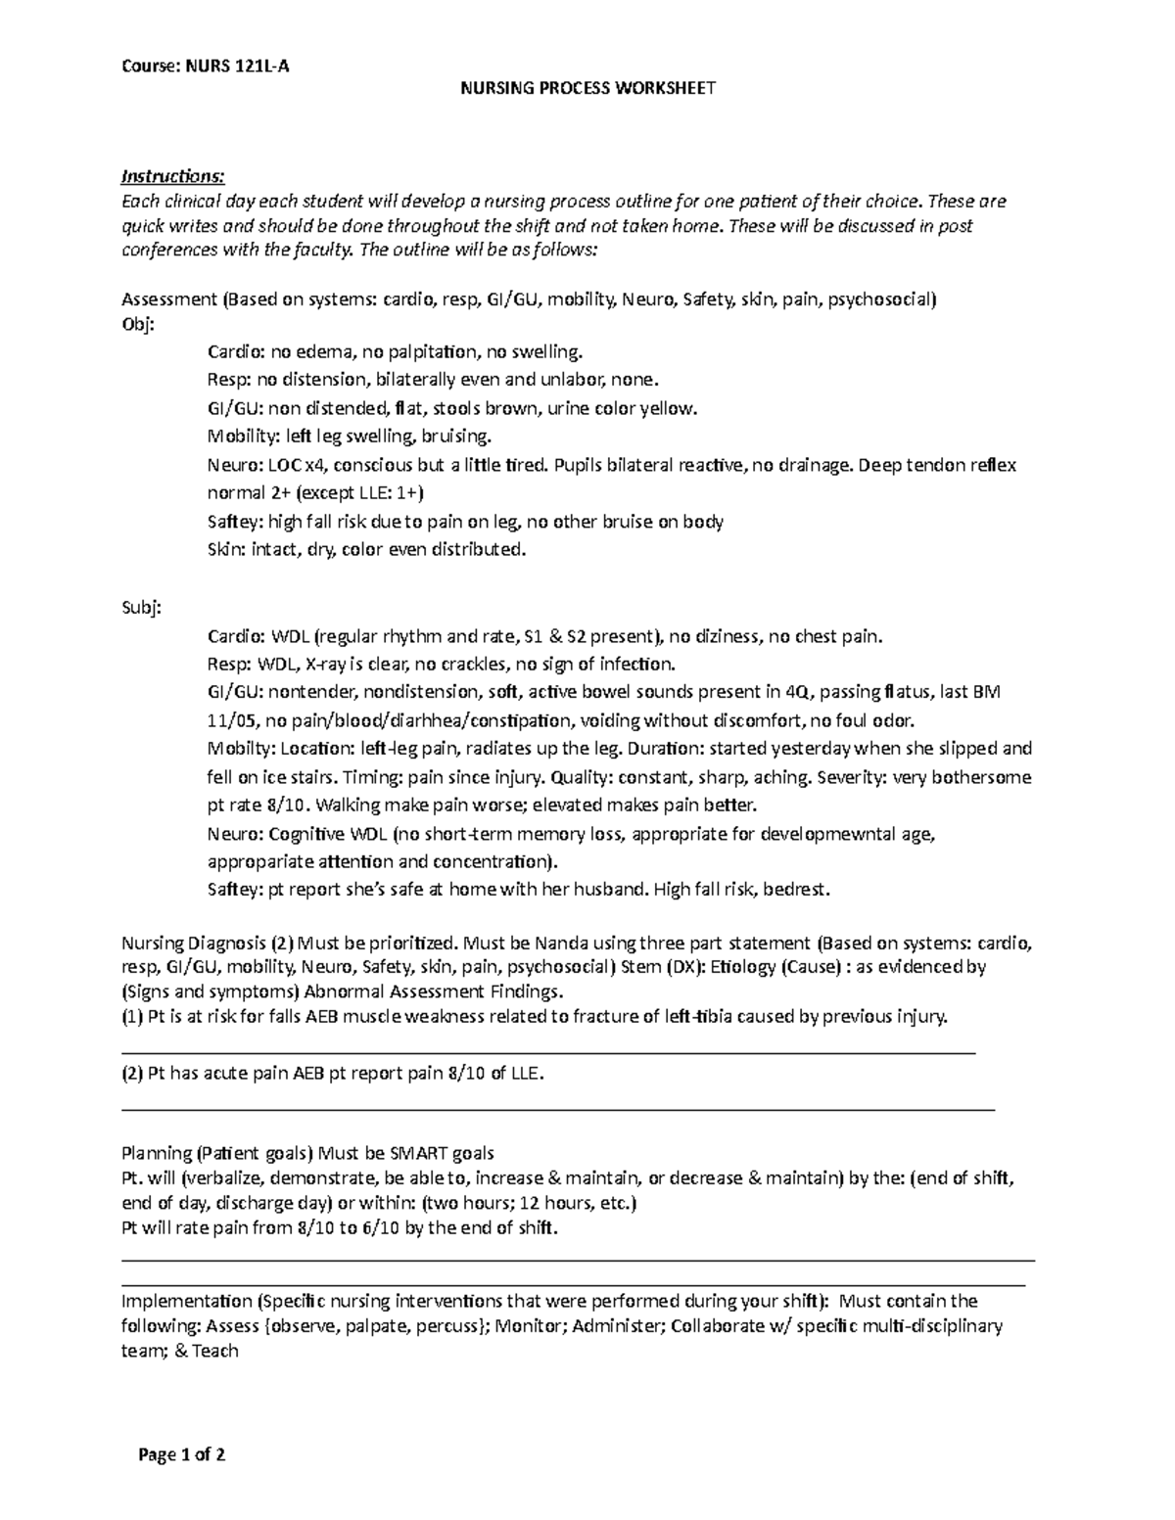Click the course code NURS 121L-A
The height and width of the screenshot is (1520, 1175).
pyautogui.click(x=236, y=67)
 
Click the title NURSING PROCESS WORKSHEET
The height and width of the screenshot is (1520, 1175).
pyautogui.click(x=588, y=88)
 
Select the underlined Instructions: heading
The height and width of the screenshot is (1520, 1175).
pyautogui.click(x=172, y=177)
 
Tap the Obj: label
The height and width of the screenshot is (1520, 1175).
pyautogui.click(x=137, y=324)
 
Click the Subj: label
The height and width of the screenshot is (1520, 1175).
pyautogui.click(x=140, y=608)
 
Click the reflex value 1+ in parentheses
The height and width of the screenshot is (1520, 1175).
pyautogui.click(x=408, y=493)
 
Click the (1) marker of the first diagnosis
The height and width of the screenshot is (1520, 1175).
pyautogui.click(x=131, y=1017)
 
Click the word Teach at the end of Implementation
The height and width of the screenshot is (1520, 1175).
pyautogui.click(x=215, y=1351)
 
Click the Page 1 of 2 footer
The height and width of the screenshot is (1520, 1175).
pyautogui.click(x=182, y=1455)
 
